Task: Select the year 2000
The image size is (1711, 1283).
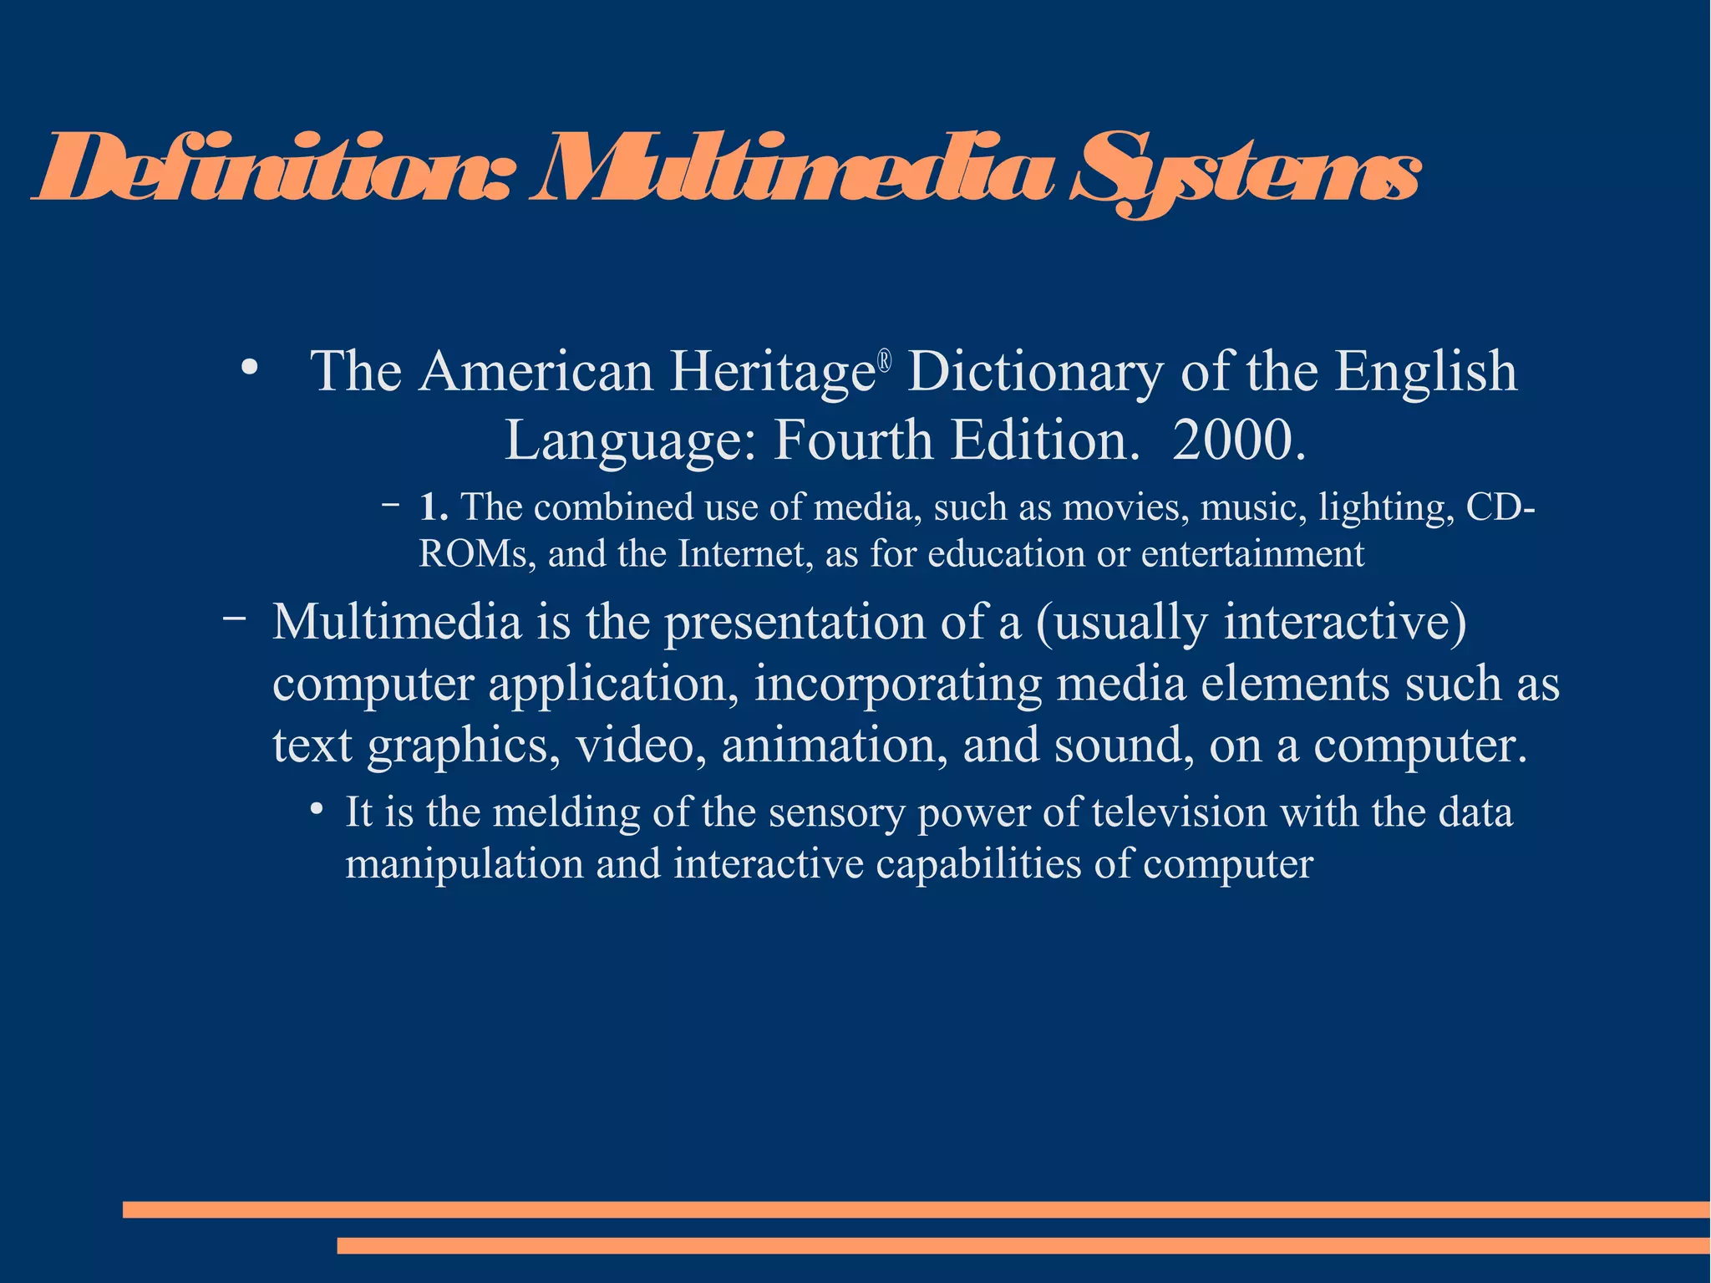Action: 1239,440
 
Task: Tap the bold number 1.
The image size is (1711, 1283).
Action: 434,507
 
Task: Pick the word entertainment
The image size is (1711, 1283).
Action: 1252,554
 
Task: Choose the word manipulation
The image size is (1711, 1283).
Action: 465,864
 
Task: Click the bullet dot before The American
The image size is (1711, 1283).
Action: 248,369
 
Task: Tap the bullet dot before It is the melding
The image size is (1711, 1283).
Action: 316,810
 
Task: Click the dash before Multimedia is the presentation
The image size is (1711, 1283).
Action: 235,619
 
